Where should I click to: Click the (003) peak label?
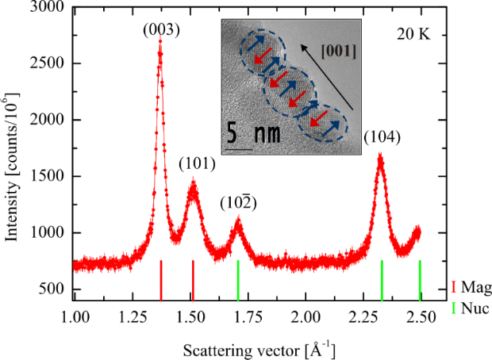point(161,31)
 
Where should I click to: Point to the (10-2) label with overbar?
point(240,203)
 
